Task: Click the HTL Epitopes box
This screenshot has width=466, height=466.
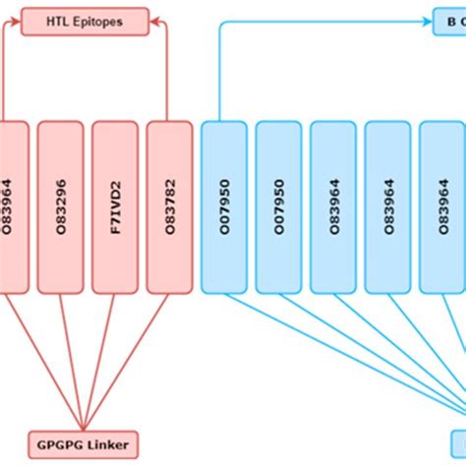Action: (86, 21)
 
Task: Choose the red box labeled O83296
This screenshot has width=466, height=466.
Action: (60, 207)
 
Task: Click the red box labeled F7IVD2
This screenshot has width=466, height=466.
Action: (115, 207)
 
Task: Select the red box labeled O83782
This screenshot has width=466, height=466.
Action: (170, 207)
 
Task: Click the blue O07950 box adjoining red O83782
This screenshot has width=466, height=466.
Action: (224, 207)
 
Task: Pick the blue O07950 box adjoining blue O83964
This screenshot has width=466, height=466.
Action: (279, 207)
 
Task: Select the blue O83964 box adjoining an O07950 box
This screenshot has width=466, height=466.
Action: (334, 207)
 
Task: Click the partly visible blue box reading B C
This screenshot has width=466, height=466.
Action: (450, 21)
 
